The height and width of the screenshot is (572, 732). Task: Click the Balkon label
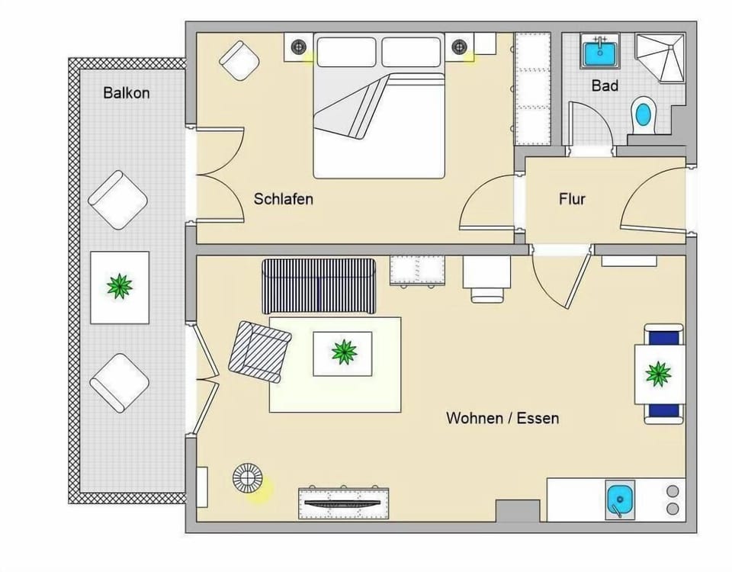coord(127,93)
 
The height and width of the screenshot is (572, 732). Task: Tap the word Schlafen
coord(284,199)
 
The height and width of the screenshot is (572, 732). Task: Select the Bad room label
coord(605,85)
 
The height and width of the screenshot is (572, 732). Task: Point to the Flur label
coord(572,199)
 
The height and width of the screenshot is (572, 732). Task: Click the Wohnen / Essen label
coord(502,417)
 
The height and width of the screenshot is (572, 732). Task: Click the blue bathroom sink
coord(600,53)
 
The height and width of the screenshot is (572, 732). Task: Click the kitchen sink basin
coord(620,499)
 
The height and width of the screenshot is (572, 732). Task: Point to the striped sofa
coord(319,286)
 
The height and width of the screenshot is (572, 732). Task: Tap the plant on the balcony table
coord(120,286)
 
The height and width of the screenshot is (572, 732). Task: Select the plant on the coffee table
coord(344,352)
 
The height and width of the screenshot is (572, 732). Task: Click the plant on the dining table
coord(658,374)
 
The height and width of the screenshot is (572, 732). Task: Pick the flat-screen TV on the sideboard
coord(342,503)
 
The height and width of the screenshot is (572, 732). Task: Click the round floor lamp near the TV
coord(247,478)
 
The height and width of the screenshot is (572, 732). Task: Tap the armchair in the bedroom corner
coord(239,60)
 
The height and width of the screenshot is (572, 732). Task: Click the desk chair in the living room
coord(487,295)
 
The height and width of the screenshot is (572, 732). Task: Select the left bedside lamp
coord(298,47)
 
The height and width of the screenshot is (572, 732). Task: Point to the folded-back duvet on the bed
coord(355,104)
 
